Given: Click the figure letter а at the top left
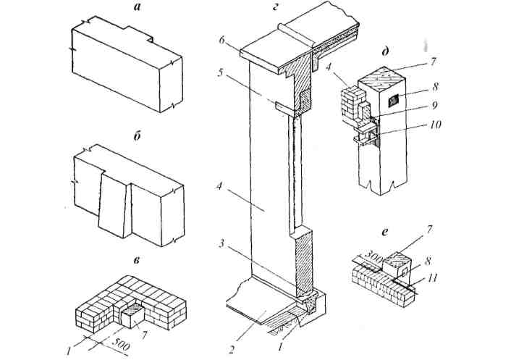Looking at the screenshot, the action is point(138,7).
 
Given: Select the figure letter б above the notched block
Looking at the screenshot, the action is point(138,136).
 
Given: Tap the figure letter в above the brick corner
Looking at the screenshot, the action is point(138,260).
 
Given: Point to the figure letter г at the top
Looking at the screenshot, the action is point(275,6).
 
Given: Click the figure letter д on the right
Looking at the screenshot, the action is point(386,52).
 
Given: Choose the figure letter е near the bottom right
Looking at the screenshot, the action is point(385,233).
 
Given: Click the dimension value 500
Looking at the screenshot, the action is point(121,344).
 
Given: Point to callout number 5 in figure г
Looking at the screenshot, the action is point(220,72).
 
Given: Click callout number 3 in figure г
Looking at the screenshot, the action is point(221,243).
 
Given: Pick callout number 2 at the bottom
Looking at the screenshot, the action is point(231,350).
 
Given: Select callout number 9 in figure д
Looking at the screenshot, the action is point(434,105).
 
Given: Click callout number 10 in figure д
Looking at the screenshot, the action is point(434,125).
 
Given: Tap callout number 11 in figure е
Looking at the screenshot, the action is point(433,278).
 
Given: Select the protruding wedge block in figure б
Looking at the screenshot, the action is point(112,205).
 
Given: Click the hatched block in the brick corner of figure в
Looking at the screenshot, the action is point(131,314).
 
